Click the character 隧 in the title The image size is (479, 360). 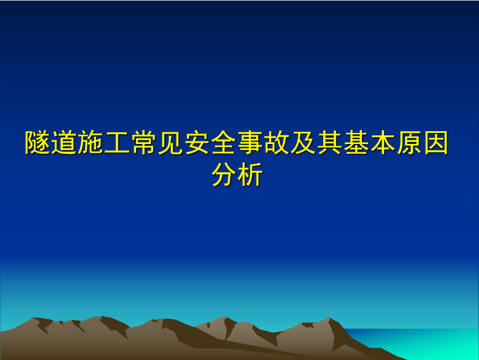(x=38, y=142)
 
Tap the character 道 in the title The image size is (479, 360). (x=64, y=142)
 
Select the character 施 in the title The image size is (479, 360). (x=91, y=142)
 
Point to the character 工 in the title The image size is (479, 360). (x=117, y=142)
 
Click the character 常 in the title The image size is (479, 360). (x=144, y=142)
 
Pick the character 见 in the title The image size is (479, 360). (x=171, y=142)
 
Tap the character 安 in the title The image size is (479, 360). (x=197, y=142)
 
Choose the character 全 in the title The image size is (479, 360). (x=223, y=142)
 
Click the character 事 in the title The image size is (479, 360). (x=250, y=142)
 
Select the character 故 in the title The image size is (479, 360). (x=277, y=142)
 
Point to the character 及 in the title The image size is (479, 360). (x=304, y=142)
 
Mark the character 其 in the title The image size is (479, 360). (x=330, y=142)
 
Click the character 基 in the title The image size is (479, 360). (x=356, y=142)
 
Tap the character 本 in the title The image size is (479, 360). (x=383, y=142)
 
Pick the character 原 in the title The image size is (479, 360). (x=409, y=142)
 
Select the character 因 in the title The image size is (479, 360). (x=437, y=142)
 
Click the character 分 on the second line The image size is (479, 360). (x=224, y=174)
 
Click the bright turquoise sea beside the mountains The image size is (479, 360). (x=428, y=343)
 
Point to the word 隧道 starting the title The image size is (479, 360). (x=50, y=142)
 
